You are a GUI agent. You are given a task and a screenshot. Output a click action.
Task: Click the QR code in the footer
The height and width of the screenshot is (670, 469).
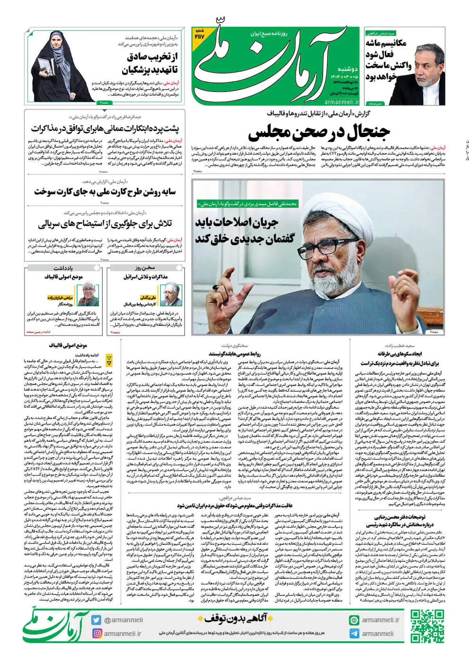427,626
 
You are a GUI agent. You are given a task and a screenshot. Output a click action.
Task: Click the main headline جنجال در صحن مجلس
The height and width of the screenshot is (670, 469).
319,132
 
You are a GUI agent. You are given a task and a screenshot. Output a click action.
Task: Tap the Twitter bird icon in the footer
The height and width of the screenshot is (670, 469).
97,620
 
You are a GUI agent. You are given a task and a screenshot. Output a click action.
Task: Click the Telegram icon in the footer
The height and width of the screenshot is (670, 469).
354,634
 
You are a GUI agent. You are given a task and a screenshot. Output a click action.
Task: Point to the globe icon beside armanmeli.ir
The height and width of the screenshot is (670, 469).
354,620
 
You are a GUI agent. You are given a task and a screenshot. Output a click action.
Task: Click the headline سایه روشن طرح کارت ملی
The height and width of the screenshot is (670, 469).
105,192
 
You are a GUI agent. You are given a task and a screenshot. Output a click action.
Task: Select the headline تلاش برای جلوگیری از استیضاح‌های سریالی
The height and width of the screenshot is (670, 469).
105,224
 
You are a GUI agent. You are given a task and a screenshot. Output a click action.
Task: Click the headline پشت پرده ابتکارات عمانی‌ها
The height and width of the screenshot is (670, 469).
105,128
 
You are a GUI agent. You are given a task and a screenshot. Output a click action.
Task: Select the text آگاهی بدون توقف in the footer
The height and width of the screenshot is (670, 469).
236,618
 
